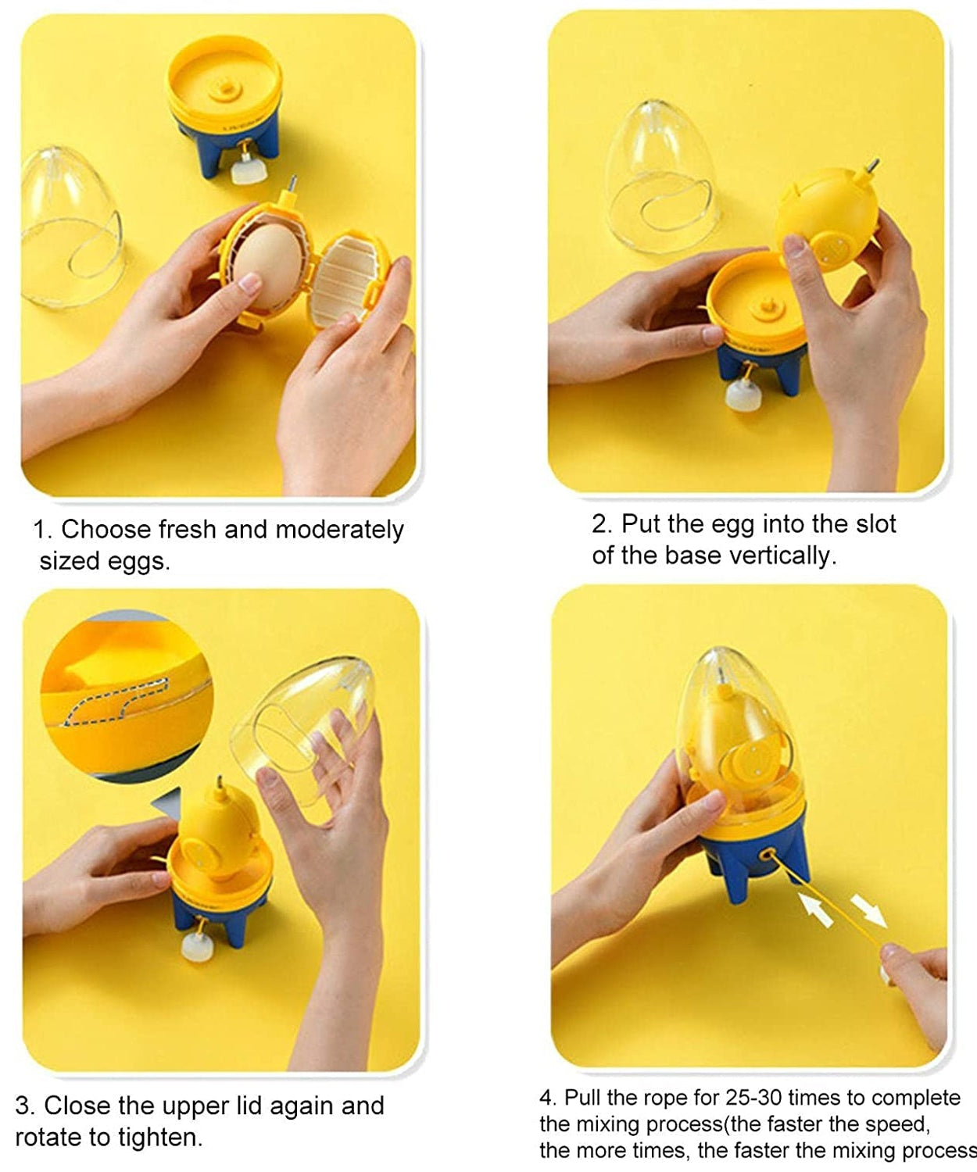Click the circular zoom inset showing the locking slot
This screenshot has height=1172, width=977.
coord(125,695)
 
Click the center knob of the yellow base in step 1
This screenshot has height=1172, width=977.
coord(224,88)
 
